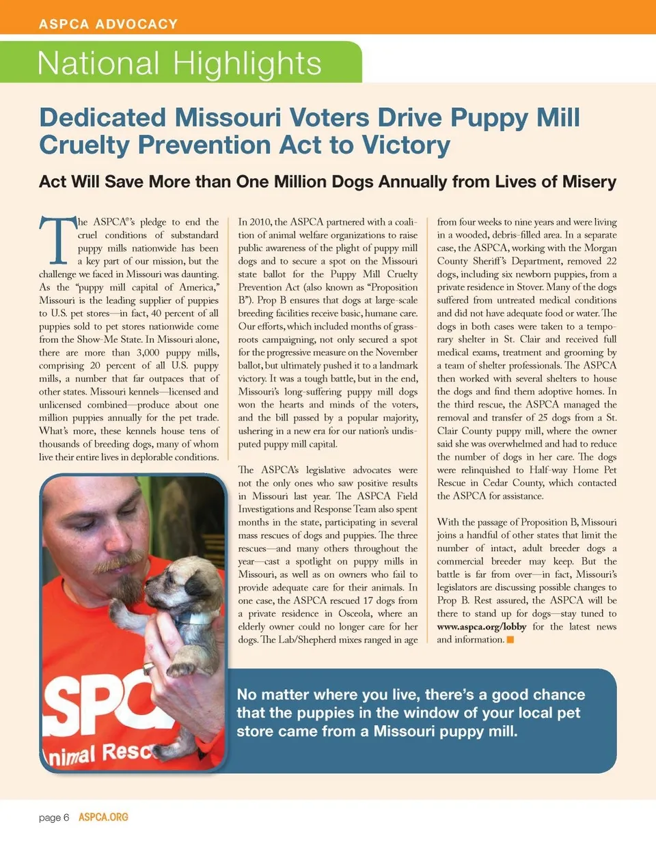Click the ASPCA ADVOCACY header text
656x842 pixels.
(108, 25)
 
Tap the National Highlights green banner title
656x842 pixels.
(179, 64)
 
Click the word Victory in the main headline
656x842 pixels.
(406, 145)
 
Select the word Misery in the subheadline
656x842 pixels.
(589, 182)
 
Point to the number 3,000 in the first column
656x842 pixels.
(148, 353)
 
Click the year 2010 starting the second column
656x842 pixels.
(260, 222)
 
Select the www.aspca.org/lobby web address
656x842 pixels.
(482, 627)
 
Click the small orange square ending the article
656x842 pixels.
(510, 640)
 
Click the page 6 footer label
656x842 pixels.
(54, 817)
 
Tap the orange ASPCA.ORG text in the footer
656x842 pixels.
(103, 817)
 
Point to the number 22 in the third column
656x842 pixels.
(611, 262)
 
